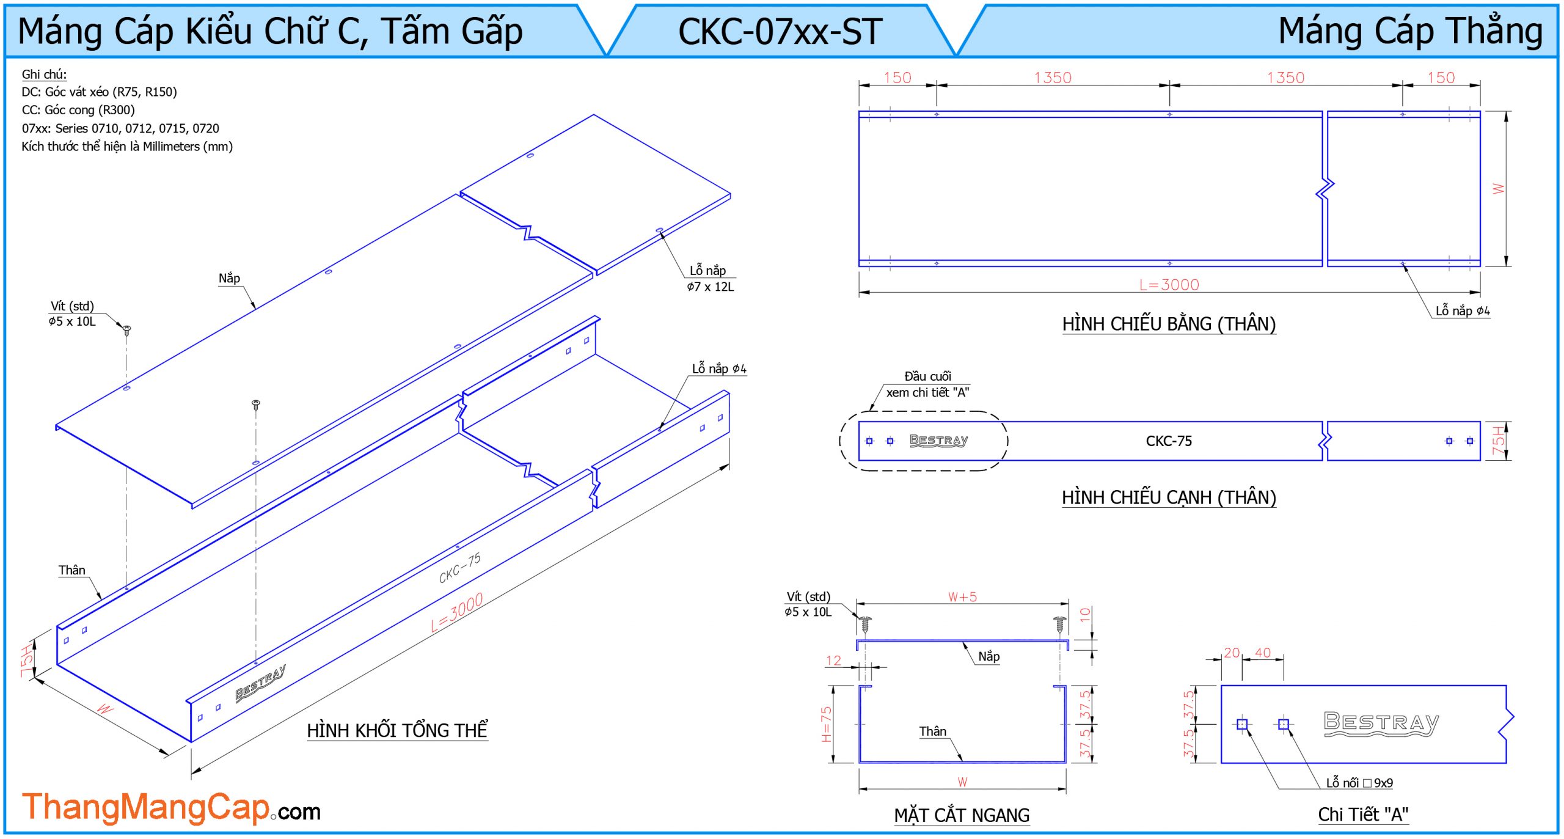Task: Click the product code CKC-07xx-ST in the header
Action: [x=780, y=32]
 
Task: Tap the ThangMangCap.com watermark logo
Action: [x=171, y=807]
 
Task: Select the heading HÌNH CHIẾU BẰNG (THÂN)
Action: [x=1169, y=324]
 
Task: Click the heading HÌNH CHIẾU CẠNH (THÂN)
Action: [x=1169, y=497]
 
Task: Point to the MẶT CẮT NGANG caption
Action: [x=962, y=815]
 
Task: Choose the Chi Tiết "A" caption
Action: [x=1363, y=814]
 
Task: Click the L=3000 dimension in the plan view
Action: [x=1169, y=285]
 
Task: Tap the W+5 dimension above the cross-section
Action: [x=962, y=597]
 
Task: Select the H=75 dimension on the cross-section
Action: [x=826, y=724]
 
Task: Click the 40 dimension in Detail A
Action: [x=1263, y=653]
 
